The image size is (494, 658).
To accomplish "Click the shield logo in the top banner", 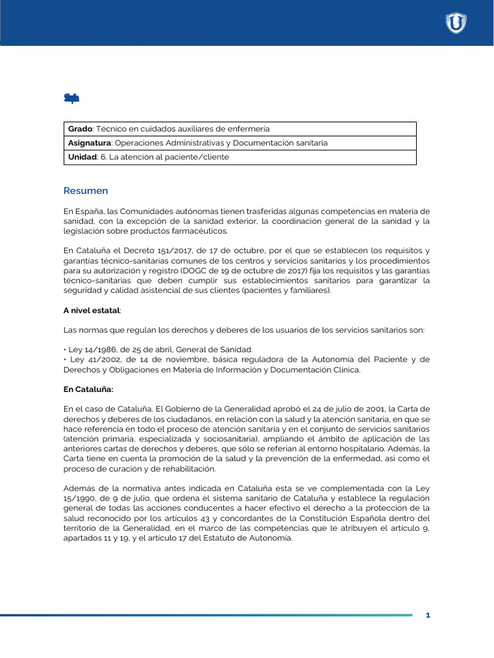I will pos(456,23).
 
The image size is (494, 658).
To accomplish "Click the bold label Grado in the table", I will pos(80,129).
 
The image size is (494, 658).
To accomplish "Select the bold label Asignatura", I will pos(90,143).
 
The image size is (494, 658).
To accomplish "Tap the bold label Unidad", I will pos(82,157).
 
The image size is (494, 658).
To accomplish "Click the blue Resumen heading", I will pos(86,191).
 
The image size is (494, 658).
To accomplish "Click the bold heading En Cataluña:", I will pos(88,389).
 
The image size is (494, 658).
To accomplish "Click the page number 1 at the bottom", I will pos(428,616).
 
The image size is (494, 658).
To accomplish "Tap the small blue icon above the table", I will pos(71,98).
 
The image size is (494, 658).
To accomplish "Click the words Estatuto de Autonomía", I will pos(251,538).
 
